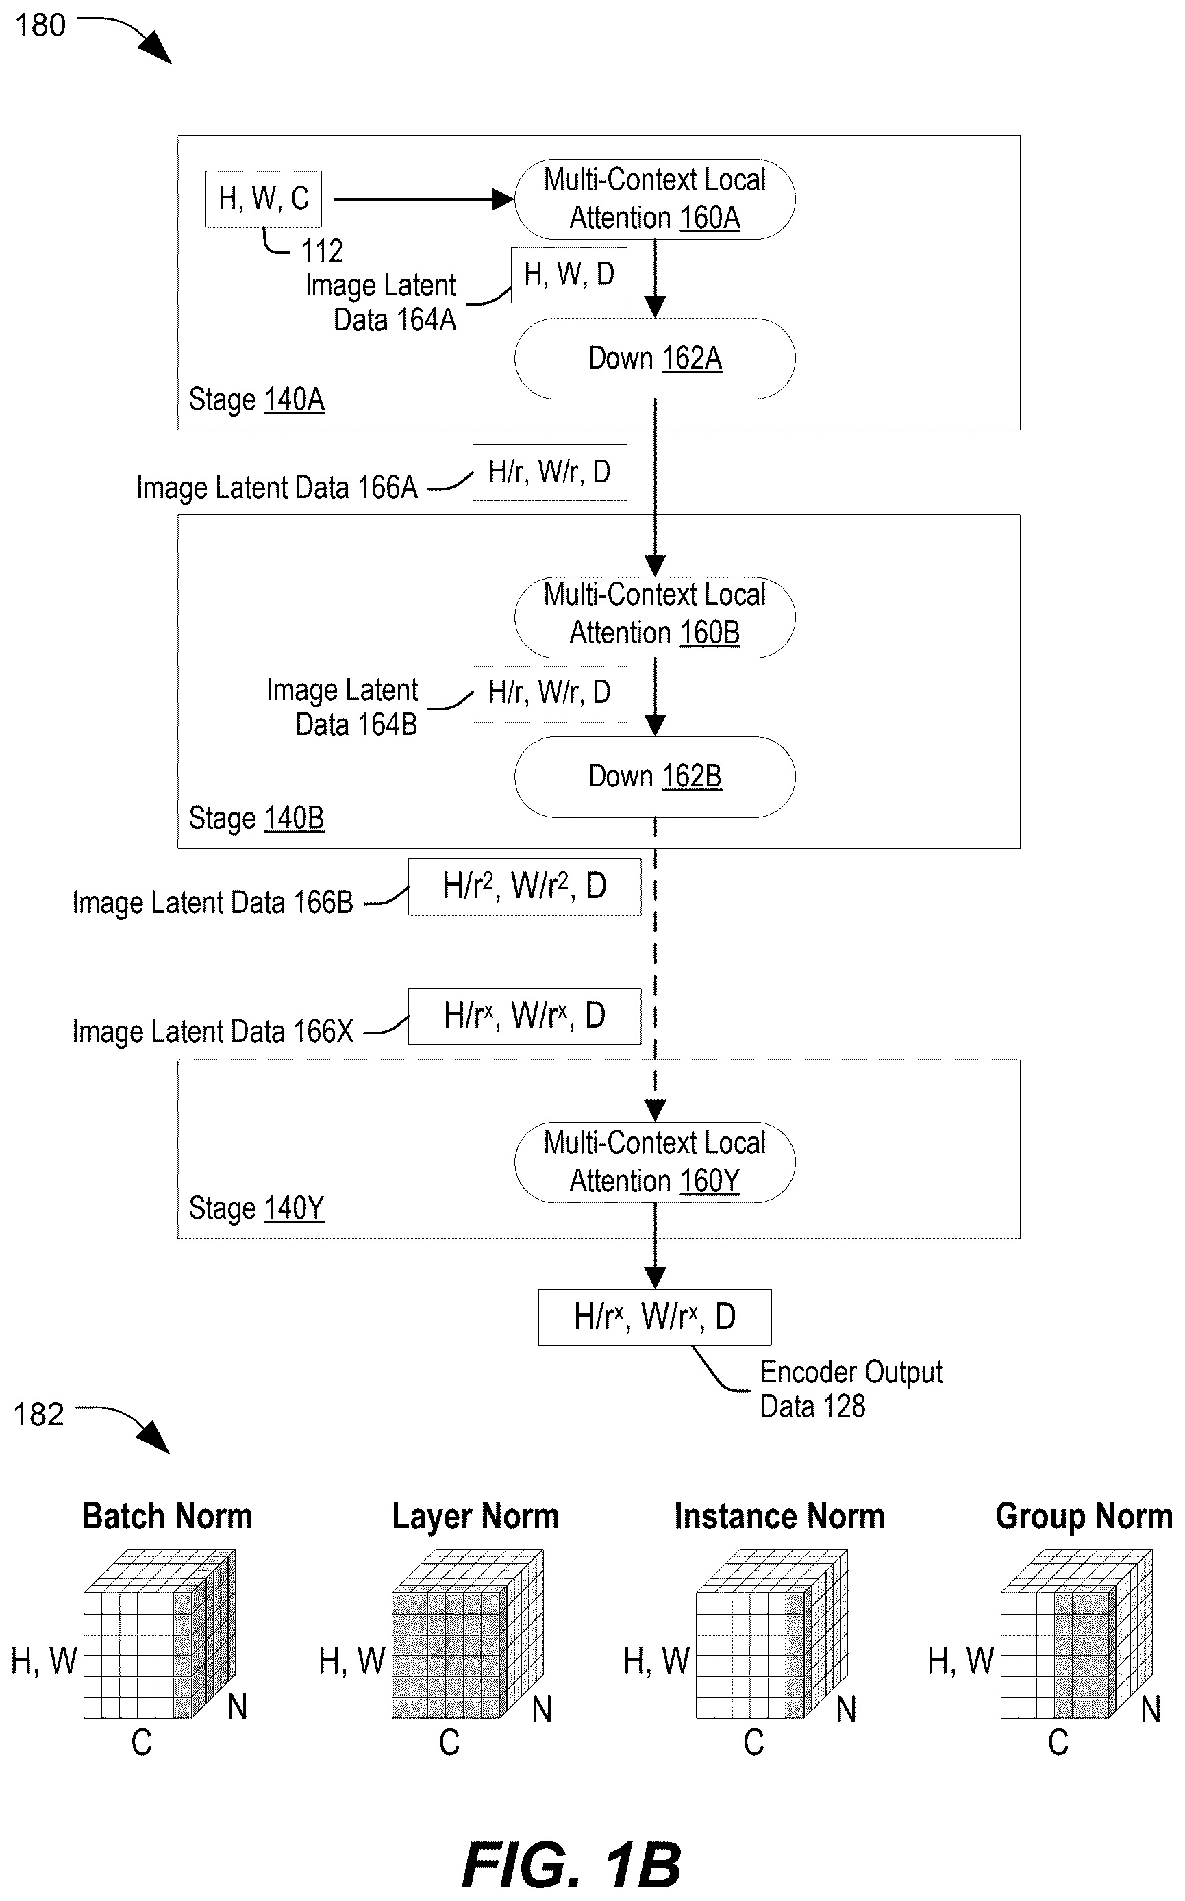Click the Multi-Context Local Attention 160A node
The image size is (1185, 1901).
click(x=654, y=199)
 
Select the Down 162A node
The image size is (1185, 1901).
click(x=654, y=359)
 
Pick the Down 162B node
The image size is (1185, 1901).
click(x=654, y=777)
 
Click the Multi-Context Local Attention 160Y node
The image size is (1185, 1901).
click(x=654, y=1162)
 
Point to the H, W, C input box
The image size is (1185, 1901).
click(x=263, y=199)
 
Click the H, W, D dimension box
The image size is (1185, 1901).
click(x=569, y=275)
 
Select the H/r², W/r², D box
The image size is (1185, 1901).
click(x=524, y=887)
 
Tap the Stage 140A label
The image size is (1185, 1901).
click(x=256, y=399)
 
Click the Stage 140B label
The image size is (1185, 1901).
click(x=256, y=818)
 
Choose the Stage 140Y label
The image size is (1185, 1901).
click(x=256, y=1208)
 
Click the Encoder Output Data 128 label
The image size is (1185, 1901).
click(x=851, y=1389)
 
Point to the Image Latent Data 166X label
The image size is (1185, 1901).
click(x=212, y=1032)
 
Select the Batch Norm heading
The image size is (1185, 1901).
click(x=167, y=1516)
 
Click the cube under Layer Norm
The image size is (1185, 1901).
click(x=467, y=1634)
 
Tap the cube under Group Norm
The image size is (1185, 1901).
click(x=1076, y=1634)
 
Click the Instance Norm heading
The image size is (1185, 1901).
click(x=779, y=1516)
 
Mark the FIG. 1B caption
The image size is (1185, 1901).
click(x=571, y=1866)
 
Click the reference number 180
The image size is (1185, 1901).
click(x=40, y=26)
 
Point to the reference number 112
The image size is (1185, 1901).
click(x=322, y=251)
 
